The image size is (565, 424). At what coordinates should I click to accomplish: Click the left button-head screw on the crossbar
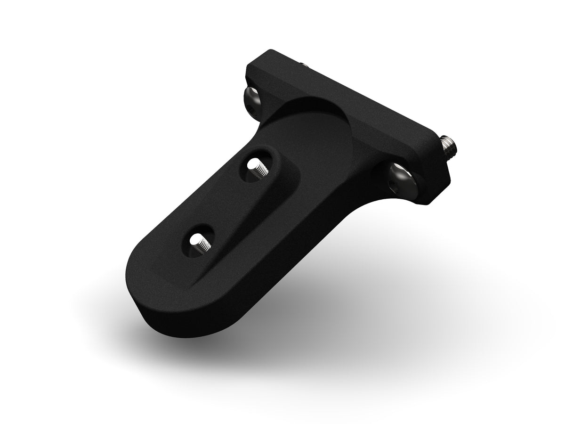click(x=253, y=99)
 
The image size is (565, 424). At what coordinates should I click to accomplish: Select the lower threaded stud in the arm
click(x=199, y=244)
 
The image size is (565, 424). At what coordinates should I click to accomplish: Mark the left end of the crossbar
click(x=254, y=71)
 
